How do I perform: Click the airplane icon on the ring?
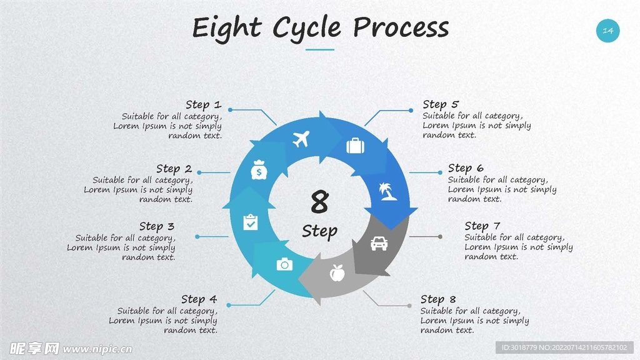(301, 139)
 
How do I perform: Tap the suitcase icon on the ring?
(355, 146)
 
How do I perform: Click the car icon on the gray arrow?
(379, 243)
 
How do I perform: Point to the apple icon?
(337, 272)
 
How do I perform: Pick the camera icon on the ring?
(284, 264)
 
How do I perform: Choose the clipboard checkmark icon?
(251, 221)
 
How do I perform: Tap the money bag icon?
(259, 170)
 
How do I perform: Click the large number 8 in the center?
(319, 202)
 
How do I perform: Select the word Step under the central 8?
(319, 231)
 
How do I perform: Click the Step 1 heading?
(203, 104)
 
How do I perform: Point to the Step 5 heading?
(441, 104)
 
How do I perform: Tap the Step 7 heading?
(482, 226)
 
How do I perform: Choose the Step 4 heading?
(199, 299)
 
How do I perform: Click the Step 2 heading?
(174, 169)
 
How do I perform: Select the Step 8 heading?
(438, 299)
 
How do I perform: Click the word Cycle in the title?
(306, 28)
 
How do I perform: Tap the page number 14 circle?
(607, 31)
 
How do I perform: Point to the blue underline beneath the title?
(320, 49)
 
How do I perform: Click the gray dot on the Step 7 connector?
(440, 237)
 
